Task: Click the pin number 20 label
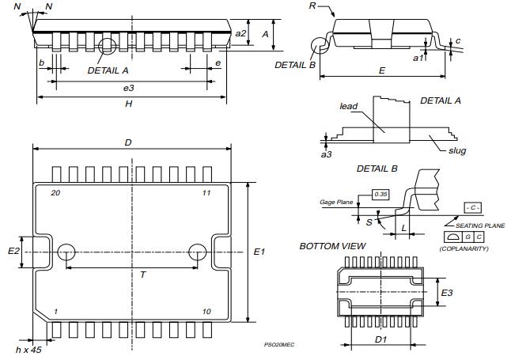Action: point(55,193)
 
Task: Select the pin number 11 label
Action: point(206,193)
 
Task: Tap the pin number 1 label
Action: point(55,311)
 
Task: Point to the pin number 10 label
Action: point(206,311)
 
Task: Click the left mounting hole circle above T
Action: point(66,252)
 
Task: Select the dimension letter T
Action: point(142,275)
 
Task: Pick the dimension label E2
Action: point(13,251)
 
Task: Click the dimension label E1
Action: point(259,252)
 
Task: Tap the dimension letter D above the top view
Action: point(128,142)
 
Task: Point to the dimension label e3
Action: point(129,87)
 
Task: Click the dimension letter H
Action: point(129,104)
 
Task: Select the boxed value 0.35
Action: point(381,194)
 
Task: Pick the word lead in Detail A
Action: point(349,105)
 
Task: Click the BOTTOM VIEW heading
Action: point(332,246)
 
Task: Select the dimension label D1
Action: point(380,340)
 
